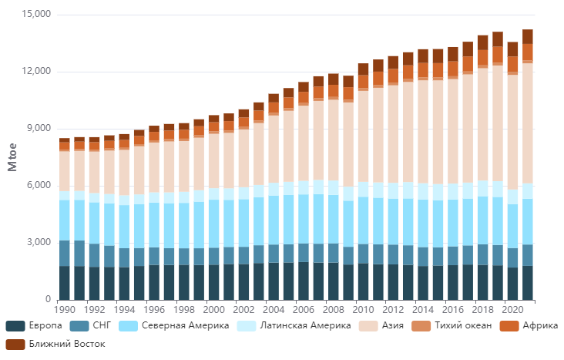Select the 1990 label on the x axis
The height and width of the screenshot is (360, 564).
point(65,309)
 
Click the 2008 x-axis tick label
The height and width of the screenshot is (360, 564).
point(333,309)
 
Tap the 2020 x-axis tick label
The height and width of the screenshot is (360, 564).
point(512,309)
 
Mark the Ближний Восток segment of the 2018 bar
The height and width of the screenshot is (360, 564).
point(482,42)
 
